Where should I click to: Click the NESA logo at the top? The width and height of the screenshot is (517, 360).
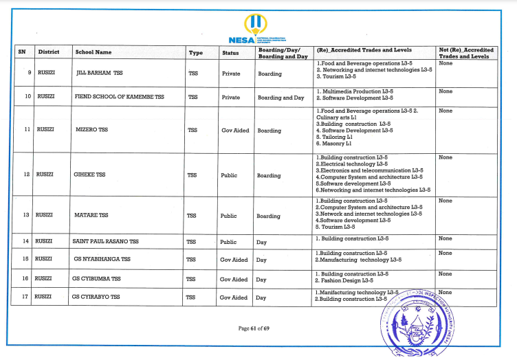(257, 29)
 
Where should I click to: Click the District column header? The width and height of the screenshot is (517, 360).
(49, 52)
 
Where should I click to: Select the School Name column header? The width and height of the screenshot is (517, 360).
(93, 52)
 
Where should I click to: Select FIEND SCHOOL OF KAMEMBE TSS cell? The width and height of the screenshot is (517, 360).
(119, 98)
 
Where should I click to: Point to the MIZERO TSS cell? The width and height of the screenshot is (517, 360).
(91, 129)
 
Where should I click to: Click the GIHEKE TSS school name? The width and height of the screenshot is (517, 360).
(89, 175)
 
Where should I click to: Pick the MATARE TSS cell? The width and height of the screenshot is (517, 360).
(91, 215)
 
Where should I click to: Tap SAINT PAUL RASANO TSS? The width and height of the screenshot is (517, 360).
(106, 242)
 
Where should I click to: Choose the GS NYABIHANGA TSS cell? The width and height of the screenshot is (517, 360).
(101, 260)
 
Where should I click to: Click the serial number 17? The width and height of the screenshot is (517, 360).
(25, 297)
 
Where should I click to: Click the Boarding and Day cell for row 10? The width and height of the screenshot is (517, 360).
(280, 98)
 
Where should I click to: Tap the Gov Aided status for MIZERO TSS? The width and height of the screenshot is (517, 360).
(234, 130)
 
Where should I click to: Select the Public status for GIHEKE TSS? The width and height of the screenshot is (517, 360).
(229, 175)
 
